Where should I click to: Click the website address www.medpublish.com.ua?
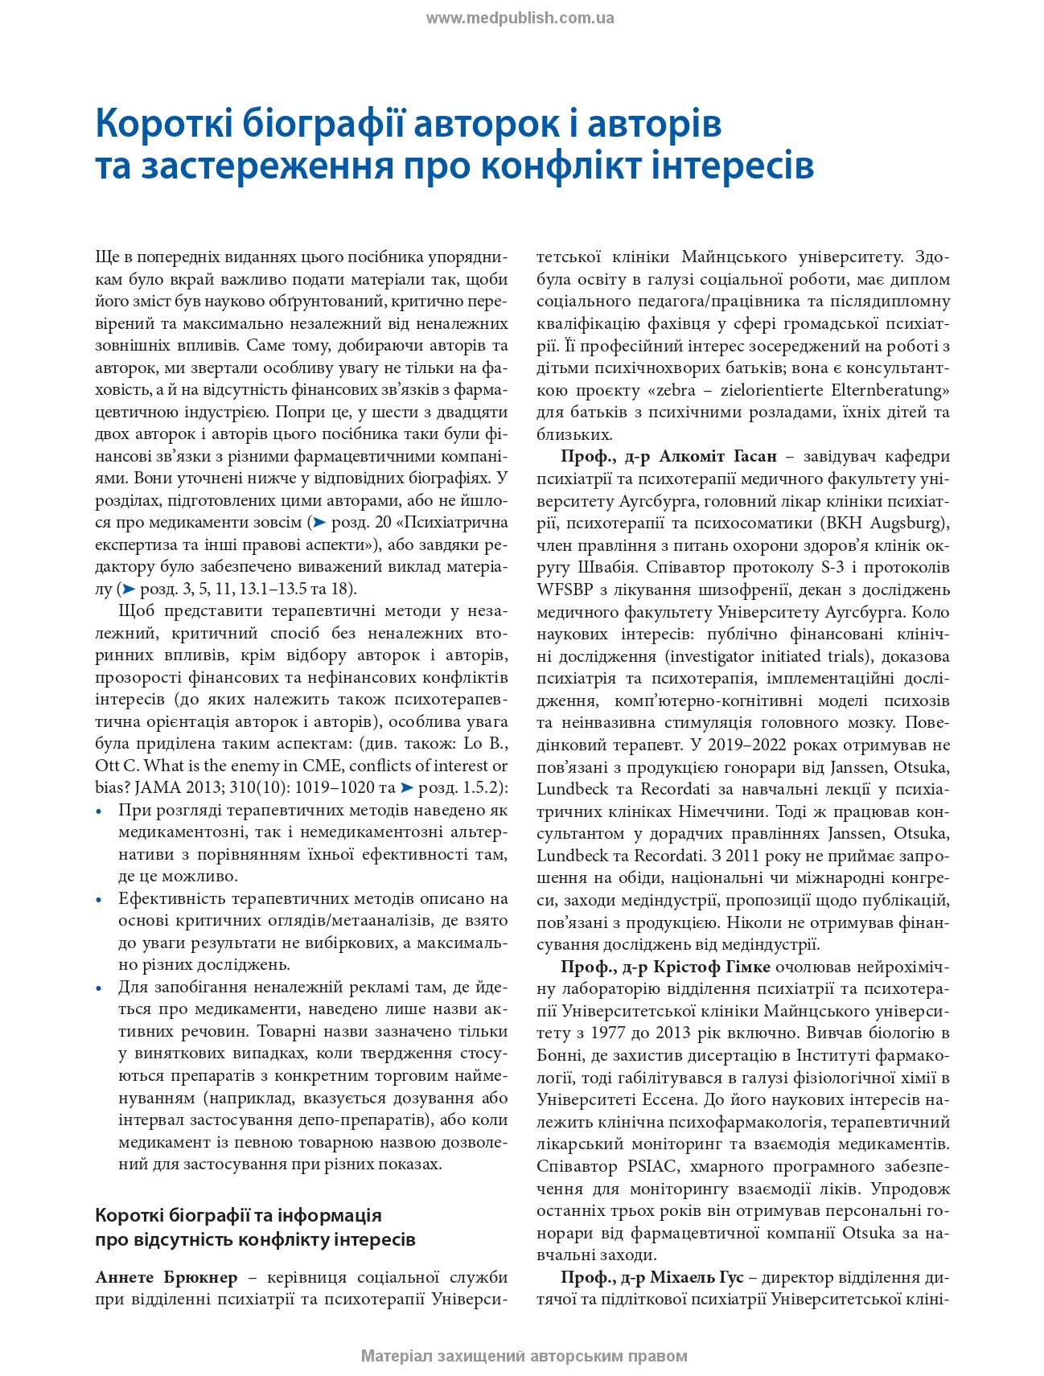click(520, 18)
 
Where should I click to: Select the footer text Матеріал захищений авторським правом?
click(524, 1356)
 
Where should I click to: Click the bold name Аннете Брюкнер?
click(166, 1277)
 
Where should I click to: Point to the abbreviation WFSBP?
click(566, 589)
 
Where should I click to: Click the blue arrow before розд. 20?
click(319, 522)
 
